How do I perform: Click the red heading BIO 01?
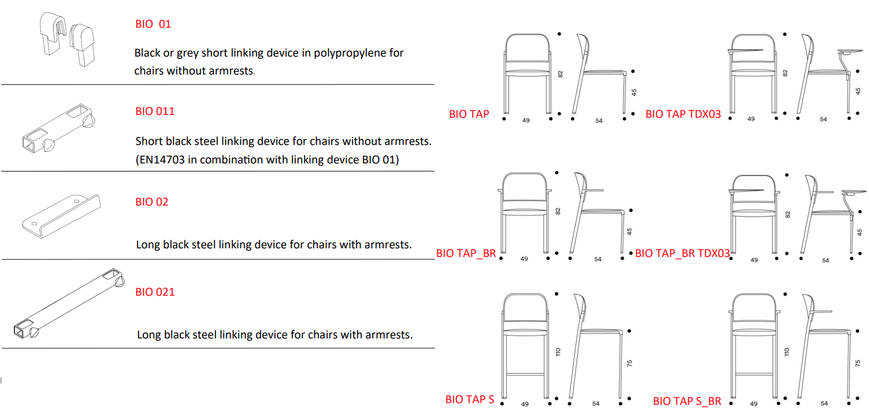click(153, 24)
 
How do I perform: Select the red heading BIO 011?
click(155, 111)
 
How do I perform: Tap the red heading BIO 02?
click(152, 202)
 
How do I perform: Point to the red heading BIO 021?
click(155, 292)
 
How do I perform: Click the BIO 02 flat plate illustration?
click(61, 216)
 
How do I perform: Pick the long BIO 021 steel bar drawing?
click(69, 303)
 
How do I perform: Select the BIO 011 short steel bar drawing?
click(58, 128)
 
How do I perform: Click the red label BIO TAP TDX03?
click(683, 114)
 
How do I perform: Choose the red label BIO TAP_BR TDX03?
click(682, 254)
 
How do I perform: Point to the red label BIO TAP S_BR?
click(686, 401)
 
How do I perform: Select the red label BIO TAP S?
click(469, 400)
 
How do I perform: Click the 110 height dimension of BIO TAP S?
click(558, 352)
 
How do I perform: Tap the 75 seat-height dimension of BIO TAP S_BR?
click(858, 363)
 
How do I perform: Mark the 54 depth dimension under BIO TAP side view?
click(599, 121)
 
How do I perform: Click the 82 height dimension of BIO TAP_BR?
click(558, 211)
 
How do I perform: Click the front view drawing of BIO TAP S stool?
click(526, 346)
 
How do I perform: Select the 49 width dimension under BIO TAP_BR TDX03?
click(754, 260)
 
